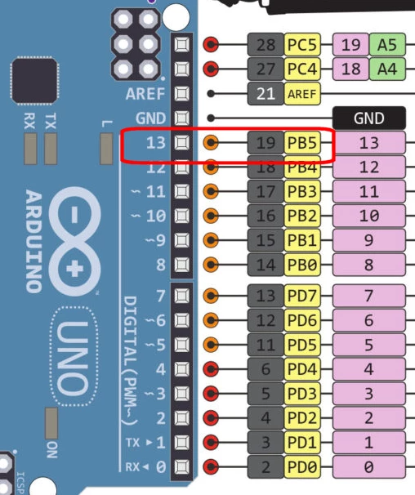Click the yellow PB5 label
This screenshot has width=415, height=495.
pos(302,143)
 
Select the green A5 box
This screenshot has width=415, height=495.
pos(387,44)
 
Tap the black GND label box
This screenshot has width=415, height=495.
pos(369,118)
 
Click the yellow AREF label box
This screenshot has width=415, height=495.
pos(302,94)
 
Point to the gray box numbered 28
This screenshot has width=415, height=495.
pos(266,44)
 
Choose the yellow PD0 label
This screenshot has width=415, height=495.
pos(302,466)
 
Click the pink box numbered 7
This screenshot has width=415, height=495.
pos(369,296)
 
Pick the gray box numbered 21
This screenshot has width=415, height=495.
pos(266,94)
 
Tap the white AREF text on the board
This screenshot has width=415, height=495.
pos(145,94)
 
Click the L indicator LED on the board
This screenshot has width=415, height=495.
pos(106,149)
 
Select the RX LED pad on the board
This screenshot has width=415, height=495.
pos(31,149)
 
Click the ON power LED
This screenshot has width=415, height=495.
pos(51,423)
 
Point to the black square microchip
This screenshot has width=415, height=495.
pos(34,81)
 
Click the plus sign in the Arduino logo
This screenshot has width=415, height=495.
pos(75,270)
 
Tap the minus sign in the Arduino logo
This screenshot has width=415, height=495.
pos(74,215)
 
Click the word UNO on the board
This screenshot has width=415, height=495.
pos(73,358)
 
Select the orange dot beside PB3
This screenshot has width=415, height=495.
pos(211,191)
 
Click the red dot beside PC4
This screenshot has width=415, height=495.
pos(211,69)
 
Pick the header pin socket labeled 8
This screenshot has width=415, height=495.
pos(182,265)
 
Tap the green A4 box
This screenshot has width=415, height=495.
pos(387,69)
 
